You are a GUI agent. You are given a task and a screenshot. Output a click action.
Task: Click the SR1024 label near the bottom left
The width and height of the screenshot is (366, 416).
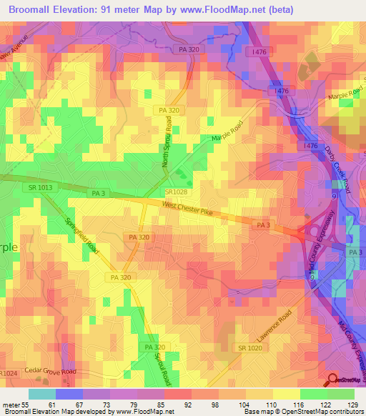coord(8,373)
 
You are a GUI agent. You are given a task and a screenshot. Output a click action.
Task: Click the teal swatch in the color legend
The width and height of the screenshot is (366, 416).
coord(42,394)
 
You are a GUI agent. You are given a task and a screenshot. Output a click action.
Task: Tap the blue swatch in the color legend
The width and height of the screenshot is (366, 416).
coord(69,394)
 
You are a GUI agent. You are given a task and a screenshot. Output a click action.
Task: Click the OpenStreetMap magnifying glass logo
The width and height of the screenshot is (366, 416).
coord(331,380)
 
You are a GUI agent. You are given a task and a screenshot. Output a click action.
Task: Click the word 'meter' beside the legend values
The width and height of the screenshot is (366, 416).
coord(11,405)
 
